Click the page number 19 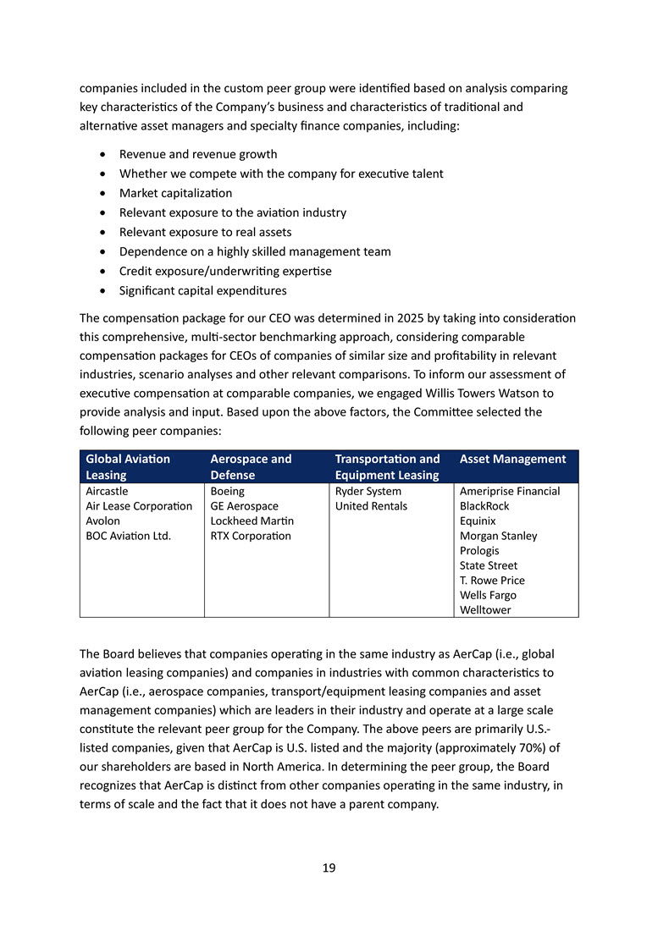[329, 868]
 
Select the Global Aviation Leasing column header [128, 466]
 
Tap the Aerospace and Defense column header [251, 466]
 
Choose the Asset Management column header [512, 459]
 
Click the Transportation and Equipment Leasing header [388, 466]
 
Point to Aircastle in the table [108, 491]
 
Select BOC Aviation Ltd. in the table [129, 536]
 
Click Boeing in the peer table [228, 491]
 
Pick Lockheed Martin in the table [252, 521]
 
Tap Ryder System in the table [368, 491]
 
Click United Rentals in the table [371, 506]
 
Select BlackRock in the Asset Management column [484, 506]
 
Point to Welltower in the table [485, 609]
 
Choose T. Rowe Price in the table [492, 580]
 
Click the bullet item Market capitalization [175, 193]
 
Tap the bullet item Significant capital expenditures [202, 290]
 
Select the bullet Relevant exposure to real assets [205, 232]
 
